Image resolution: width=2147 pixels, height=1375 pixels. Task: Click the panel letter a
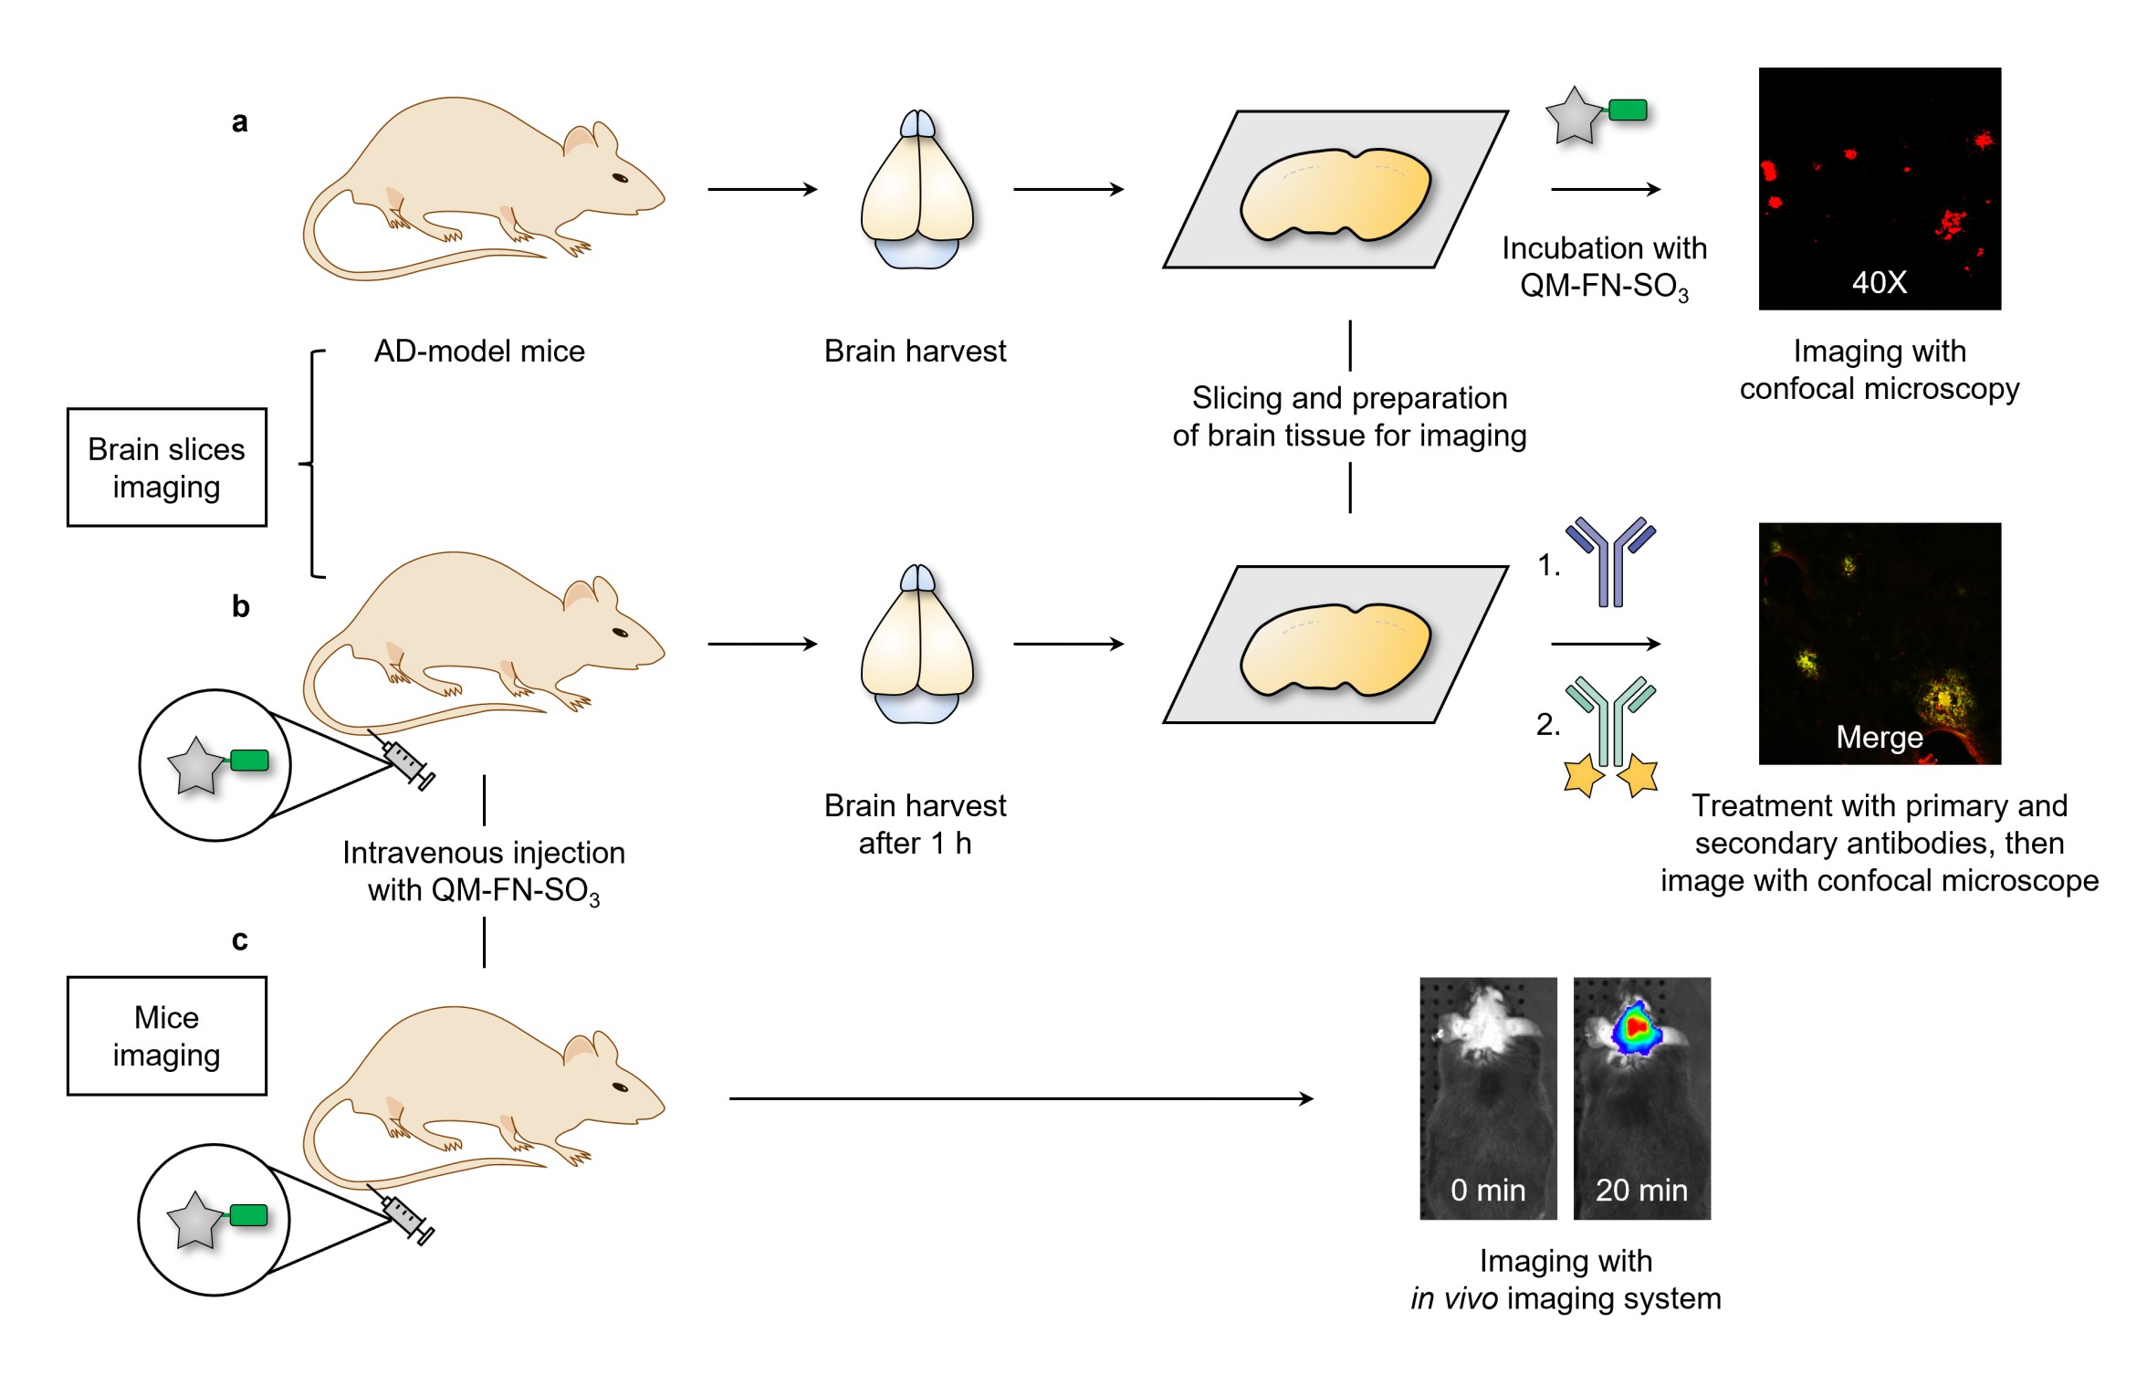click(x=239, y=121)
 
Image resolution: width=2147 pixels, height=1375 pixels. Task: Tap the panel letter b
click(x=240, y=606)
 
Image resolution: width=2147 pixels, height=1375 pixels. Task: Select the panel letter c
click(x=239, y=939)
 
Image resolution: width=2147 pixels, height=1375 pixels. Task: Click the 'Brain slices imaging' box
click(x=167, y=467)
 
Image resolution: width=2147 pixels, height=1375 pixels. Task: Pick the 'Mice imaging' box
click(x=167, y=1035)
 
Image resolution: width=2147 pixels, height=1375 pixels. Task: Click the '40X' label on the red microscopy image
click(x=1879, y=282)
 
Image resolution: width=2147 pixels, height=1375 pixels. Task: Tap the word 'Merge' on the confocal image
click(x=1879, y=737)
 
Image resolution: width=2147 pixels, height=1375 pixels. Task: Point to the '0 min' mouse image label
click(x=1487, y=1190)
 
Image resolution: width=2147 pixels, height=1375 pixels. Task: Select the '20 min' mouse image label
click(x=1640, y=1190)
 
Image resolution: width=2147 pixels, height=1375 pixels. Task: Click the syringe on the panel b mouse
click(x=408, y=763)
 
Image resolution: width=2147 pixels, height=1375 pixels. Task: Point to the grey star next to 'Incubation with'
click(x=1574, y=116)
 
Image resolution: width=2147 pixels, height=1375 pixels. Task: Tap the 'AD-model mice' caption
click(x=479, y=352)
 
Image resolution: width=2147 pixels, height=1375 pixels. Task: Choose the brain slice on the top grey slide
click(x=1335, y=195)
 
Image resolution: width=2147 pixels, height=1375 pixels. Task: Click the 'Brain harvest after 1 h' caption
click(x=915, y=824)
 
